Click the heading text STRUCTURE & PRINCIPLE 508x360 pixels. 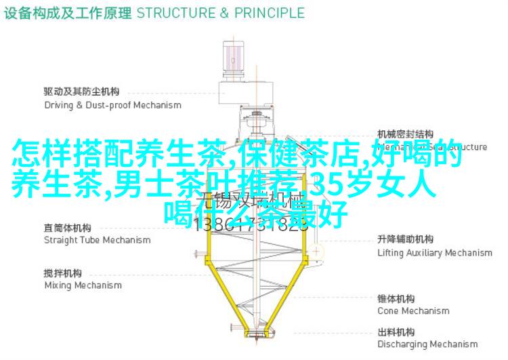(220, 13)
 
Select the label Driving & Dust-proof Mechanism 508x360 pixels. (112, 105)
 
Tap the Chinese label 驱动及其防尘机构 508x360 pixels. (82, 92)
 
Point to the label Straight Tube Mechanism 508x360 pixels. (98, 240)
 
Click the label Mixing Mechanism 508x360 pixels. (83, 285)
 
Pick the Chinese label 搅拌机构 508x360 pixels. (63, 273)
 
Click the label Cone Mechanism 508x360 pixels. (413, 311)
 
